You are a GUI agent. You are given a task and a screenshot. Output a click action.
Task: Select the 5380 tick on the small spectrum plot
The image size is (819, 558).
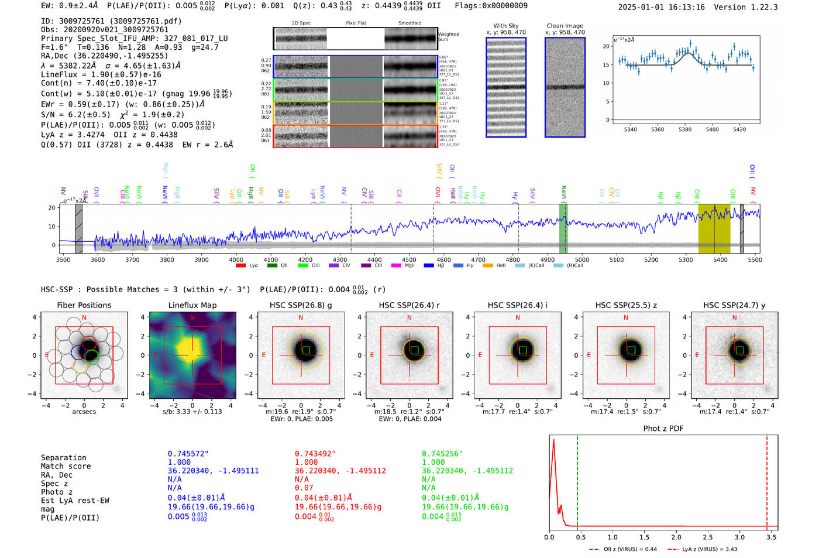tap(684, 129)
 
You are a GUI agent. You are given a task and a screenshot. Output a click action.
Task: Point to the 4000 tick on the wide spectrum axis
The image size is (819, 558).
tap(236, 259)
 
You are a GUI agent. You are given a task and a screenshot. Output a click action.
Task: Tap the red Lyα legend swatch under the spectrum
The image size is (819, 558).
tap(240, 266)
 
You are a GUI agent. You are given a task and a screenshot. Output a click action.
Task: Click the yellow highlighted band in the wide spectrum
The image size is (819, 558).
tap(714, 229)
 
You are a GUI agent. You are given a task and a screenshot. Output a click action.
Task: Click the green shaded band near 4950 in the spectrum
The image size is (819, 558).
tap(563, 228)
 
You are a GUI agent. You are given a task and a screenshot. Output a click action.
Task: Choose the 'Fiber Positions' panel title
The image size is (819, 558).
tap(84, 305)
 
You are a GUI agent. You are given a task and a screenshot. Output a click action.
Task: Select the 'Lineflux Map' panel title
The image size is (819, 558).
tap(192, 305)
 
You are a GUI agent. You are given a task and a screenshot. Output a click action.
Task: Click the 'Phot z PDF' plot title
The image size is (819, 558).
tap(663, 429)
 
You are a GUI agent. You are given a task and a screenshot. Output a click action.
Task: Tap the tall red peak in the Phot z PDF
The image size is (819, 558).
tap(553, 445)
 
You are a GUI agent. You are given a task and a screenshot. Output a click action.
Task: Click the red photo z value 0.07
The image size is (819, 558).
tap(304, 488)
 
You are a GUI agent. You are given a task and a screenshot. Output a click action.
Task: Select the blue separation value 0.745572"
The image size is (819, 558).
tap(188, 454)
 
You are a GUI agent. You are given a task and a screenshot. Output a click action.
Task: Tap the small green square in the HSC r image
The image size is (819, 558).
tap(414, 350)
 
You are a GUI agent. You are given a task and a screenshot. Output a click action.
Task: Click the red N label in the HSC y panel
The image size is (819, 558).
tap(734, 317)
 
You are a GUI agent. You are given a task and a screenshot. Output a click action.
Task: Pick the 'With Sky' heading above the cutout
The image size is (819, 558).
tap(505, 26)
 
